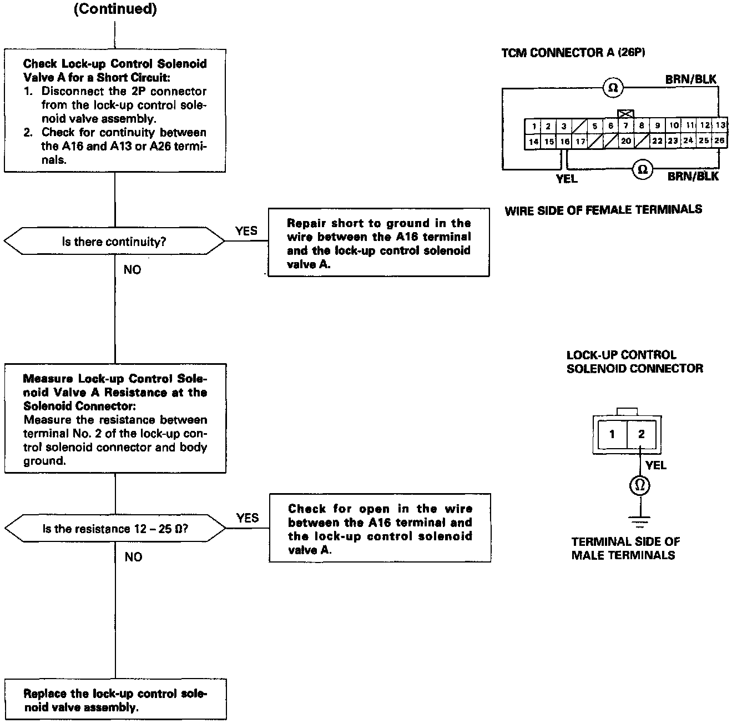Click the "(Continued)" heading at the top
[x=115, y=10]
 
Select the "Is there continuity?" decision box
[x=114, y=242]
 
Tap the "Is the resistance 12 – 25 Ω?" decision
[x=115, y=529]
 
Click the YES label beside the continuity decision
[x=246, y=231]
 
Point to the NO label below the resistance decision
[x=133, y=557]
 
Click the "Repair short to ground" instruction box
[x=378, y=243]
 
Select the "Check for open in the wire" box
[x=380, y=529]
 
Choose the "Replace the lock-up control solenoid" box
[x=115, y=700]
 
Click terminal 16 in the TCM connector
[x=564, y=141]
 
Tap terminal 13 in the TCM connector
[x=720, y=125]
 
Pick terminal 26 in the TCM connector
[x=719, y=141]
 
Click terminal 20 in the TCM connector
[x=626, y=141]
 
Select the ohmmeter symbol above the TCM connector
[x=613, y=88]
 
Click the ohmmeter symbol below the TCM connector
[x=643, y=169]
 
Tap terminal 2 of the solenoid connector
[x=641, y=434]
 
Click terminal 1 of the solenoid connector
[x=612, y=434]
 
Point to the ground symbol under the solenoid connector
[x=640, y=521]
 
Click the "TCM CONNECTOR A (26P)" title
[x=573, y=53]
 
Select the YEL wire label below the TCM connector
[x=567, y=179]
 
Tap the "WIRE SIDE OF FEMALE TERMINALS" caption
[x=603, y=210]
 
